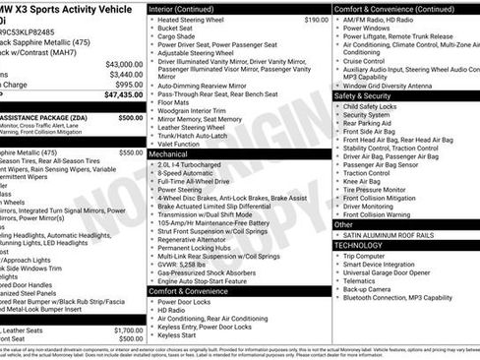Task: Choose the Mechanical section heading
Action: [x=168, y=154]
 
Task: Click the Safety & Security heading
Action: [x=363, y=95]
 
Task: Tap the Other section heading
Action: [x=343, y=224]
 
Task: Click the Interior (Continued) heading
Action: [x=189, y=8]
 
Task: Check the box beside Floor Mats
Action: [x=151, y=100]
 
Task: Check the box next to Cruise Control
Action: [x=337, y=61]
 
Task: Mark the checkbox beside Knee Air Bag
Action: [x=337, y=180]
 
